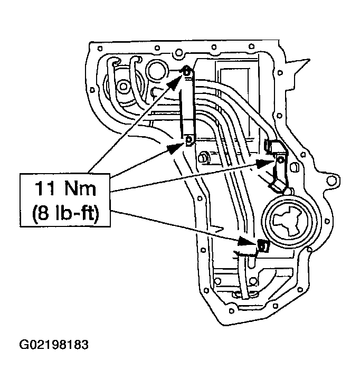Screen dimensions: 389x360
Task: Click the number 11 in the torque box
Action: click(x=45, y=187)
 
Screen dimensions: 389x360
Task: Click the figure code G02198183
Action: click(x=54, y=346)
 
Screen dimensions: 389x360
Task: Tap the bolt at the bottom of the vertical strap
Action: click(x=189, y=140)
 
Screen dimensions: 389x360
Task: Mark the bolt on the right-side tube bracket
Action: click(x=280, y=159)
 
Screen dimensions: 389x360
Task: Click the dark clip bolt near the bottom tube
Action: click(x=261, y=244)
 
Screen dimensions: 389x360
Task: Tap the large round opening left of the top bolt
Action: click(x=156, y=70)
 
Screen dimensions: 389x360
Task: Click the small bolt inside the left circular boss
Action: click(x=123, y=86)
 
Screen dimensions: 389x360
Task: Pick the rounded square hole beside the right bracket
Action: click(x=295, y=168)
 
